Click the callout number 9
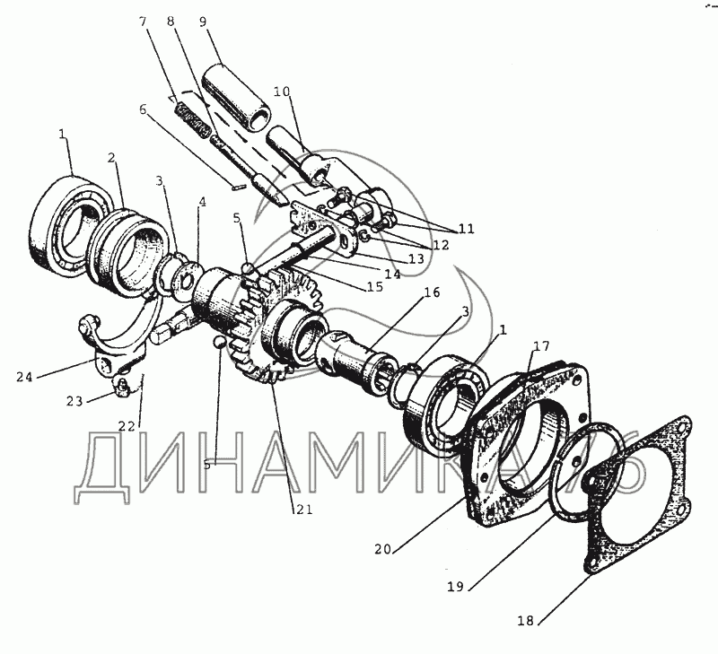point(203,22)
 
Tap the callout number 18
point(526,621)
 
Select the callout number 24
point(25,377)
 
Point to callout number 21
point(304,509)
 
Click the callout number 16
point(431,292)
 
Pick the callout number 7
point(144,22)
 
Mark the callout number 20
point(383,548)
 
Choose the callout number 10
point(282,92)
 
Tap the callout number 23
point(74,401)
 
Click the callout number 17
point(541,346)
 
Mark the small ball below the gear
point(219,342)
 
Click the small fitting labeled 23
point(120,387)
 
